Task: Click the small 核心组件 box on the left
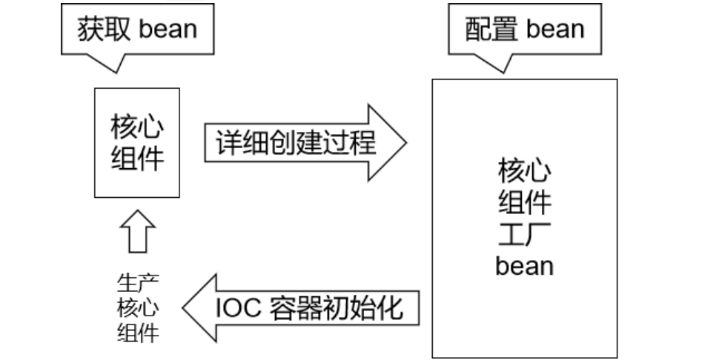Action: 137,142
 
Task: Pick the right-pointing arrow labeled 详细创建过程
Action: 304,142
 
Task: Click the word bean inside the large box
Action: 524,264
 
